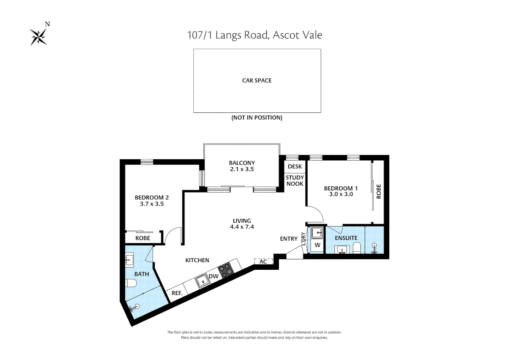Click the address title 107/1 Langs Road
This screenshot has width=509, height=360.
point(254,35)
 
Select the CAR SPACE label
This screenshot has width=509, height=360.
point(257,81)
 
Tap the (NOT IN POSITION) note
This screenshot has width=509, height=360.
point(257,118)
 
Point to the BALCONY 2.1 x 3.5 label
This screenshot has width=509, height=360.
point(242,166)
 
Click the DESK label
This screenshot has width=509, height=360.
point(295,166)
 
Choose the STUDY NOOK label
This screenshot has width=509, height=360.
point(295,181)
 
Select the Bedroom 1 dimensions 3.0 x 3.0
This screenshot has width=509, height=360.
point(341,194)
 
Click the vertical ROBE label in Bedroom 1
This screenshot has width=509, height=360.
point(378,191)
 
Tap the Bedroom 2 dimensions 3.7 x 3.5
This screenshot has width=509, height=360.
point(152,204)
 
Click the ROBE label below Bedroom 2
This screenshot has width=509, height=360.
point(143,238)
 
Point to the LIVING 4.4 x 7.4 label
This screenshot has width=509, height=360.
point(242,224)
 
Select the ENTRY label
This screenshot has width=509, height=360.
point(288,239)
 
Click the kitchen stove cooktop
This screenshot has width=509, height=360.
point(226,270)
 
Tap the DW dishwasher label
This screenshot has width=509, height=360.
point(214,276)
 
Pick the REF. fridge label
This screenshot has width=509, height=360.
point(177,293)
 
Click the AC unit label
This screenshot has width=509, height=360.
point(263,262)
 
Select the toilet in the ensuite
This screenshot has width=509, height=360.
point(356,248)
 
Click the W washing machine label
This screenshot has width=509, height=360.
point(317,245)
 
